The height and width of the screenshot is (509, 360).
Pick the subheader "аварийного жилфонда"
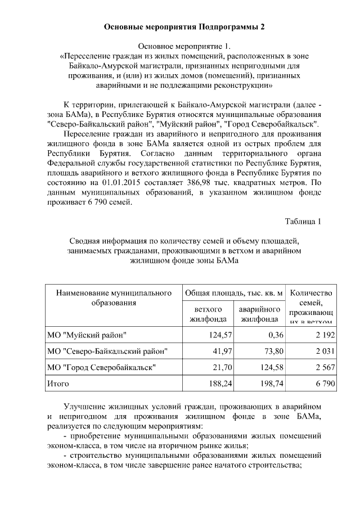(x=259, y=314)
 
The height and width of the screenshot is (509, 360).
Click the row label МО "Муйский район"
(x=87, y=335)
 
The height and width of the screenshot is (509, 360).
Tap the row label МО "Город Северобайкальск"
(x=101, y=367)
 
